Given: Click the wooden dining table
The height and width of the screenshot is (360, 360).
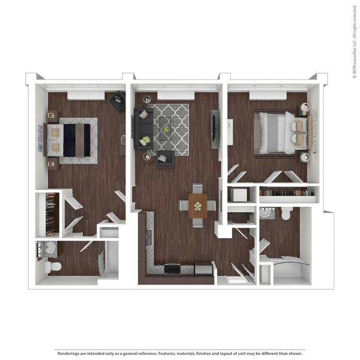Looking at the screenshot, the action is point(198,206).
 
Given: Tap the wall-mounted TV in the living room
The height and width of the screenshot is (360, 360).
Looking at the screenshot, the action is point(214,129).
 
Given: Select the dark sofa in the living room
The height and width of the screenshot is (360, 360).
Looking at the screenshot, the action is point(144,129).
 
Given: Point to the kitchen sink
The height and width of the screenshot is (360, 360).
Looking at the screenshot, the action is point(149,237).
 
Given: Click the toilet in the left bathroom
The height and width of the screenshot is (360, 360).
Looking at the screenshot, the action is point(53,267).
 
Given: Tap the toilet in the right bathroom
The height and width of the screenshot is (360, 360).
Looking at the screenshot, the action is point(287,213).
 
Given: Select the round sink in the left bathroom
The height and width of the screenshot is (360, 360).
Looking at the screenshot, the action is point(50,247).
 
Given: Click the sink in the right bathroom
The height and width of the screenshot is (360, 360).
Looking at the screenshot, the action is point(265,212).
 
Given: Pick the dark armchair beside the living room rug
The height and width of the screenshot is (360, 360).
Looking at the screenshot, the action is point(165,159).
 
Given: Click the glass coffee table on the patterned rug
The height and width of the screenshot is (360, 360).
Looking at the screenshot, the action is point(165,129).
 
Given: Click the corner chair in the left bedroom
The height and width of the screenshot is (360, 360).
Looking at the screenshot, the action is point(118,101).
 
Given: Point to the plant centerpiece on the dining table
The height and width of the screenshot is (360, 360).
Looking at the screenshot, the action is point(198,206).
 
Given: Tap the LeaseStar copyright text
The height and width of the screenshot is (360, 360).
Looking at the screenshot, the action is point(355,42).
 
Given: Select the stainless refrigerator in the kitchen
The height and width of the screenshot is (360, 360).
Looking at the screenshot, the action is point(204,268).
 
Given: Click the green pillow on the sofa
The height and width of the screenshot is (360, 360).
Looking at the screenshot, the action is point(145,140).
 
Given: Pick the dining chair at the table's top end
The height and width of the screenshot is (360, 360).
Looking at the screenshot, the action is point(197,189).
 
